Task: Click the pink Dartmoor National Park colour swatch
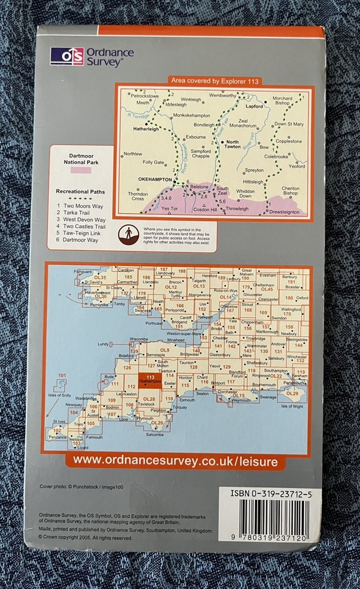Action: tap(82, 169)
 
